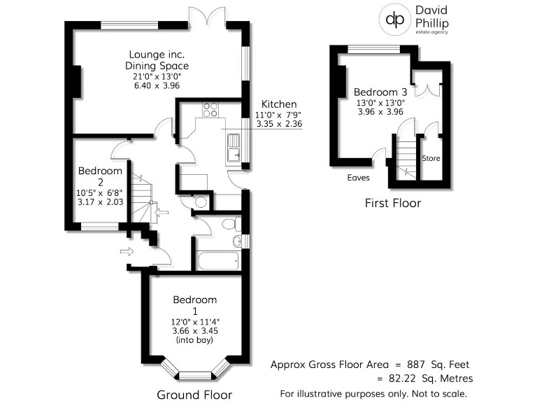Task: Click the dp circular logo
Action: point(396,20)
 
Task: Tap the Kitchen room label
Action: point(279,104)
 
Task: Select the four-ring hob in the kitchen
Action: point(210,109)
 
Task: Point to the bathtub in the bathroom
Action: point(217,261)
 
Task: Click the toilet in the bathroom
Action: point(229,225)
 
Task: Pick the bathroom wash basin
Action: point(237,241)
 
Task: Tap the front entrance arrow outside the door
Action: point(127,251)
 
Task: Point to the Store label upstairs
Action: point(431,158)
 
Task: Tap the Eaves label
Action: point(358,178)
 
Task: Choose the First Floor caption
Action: point(393,204)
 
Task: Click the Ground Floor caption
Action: point(194,395)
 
